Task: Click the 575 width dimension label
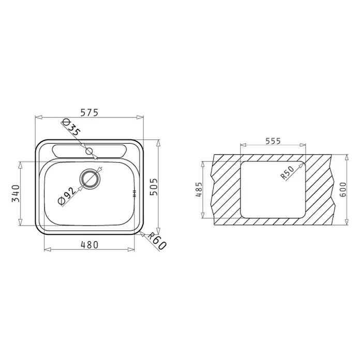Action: click(x=89, y=113)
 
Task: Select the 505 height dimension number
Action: click(x=154, y=187)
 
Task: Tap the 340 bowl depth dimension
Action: click(x=16, y=193)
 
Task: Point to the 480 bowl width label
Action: click(x=89, y=245)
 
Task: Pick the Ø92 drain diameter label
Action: click(x=67, y=196)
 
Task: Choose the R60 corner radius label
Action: click(x=157, y=241)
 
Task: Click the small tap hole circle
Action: click(x=89, y=151)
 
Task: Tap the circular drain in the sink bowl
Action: click(x=90, y=179)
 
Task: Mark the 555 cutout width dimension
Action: click(x=273, y=141)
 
